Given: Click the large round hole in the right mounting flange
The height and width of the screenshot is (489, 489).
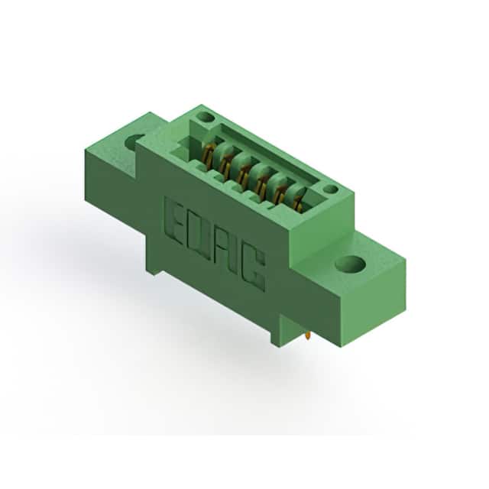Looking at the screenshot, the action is click(x=350, y=264).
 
